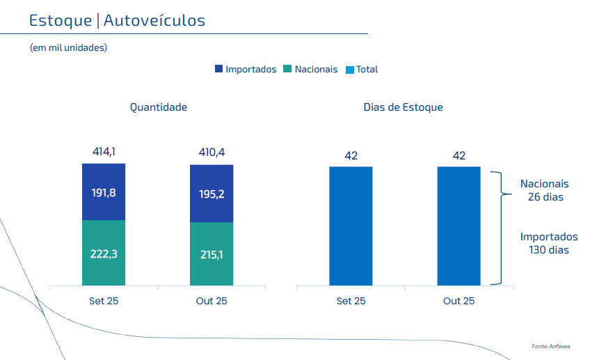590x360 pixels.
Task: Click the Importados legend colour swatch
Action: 219,70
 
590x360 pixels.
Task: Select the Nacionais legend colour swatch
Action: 287,70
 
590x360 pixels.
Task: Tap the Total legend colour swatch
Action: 350,70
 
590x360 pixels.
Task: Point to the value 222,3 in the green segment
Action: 104,254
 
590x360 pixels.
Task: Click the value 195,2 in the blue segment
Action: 212,194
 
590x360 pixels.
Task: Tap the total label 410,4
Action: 212,152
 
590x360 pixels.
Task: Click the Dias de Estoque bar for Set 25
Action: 351,226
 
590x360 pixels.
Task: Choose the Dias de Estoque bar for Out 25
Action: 459,226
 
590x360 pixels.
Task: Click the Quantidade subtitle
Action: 159,107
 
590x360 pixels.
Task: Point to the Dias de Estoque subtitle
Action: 404,107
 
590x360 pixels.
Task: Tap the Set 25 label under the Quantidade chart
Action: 104,301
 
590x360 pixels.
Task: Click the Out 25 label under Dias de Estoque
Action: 459,301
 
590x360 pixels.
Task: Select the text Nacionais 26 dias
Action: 545,190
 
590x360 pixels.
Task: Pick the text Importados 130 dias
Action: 549,243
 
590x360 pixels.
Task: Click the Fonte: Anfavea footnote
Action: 550,346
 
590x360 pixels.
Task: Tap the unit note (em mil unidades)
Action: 68,47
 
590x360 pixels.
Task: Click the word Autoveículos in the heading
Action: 154,21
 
